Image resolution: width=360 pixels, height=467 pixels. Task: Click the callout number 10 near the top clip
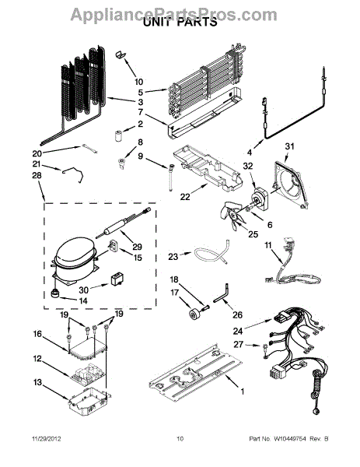click(138, 82)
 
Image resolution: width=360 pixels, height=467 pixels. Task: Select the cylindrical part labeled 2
click(119, 135)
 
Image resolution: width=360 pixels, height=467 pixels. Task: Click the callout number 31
click(289, 146)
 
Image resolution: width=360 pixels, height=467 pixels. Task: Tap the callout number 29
click(137, 247)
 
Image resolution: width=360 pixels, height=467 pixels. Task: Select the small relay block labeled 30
click(117, 279)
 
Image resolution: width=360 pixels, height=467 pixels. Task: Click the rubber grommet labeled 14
click(54, 293)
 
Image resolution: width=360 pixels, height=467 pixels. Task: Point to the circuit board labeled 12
click(85, 375)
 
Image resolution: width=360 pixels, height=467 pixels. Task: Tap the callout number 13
click(37, 382)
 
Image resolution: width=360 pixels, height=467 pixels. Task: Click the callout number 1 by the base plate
click(243, 392)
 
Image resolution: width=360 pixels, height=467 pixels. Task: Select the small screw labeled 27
click(265, 350)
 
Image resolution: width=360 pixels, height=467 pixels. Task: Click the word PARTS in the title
click(197, 23)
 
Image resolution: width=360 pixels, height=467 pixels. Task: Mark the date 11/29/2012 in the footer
click(46, 439)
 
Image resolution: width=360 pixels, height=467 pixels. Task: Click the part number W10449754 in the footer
click(290, 439)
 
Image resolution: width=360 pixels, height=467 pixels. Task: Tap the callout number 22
click(185, 197)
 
